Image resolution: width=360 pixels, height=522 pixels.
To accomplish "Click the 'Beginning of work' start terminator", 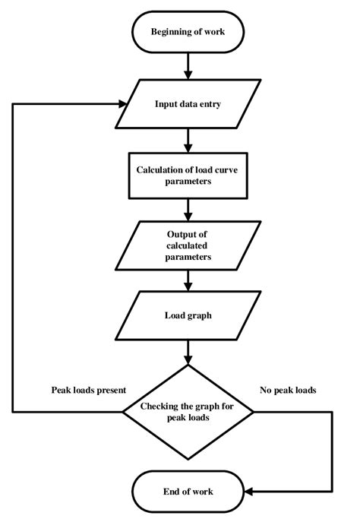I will (187, 32).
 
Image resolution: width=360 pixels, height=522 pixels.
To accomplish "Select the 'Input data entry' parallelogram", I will (187, 103).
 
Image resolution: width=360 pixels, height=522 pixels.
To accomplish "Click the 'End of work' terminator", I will (187, 492).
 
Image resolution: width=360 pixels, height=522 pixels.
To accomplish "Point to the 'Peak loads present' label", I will (89, 390).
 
